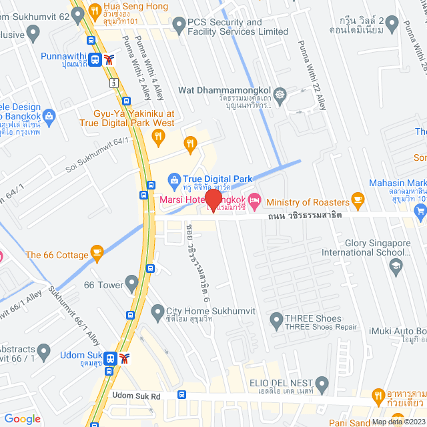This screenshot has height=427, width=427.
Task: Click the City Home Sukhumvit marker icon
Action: coord(158,311)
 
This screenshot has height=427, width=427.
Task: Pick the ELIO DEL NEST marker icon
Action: coord(322,384)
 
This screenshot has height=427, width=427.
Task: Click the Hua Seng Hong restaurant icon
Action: coord(94,11)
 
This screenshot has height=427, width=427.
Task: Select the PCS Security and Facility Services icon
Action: coord(179,25)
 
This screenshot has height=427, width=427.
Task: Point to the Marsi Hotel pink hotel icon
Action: coord(254,200)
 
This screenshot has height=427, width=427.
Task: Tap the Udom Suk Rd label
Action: coord(137,396)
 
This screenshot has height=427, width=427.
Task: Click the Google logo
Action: coord(22,418)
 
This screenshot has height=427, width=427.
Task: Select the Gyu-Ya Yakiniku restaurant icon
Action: coord(158,137)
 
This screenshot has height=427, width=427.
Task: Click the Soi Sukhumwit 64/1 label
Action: coord(97,153)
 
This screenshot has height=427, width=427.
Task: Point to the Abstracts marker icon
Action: coord(44,350)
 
